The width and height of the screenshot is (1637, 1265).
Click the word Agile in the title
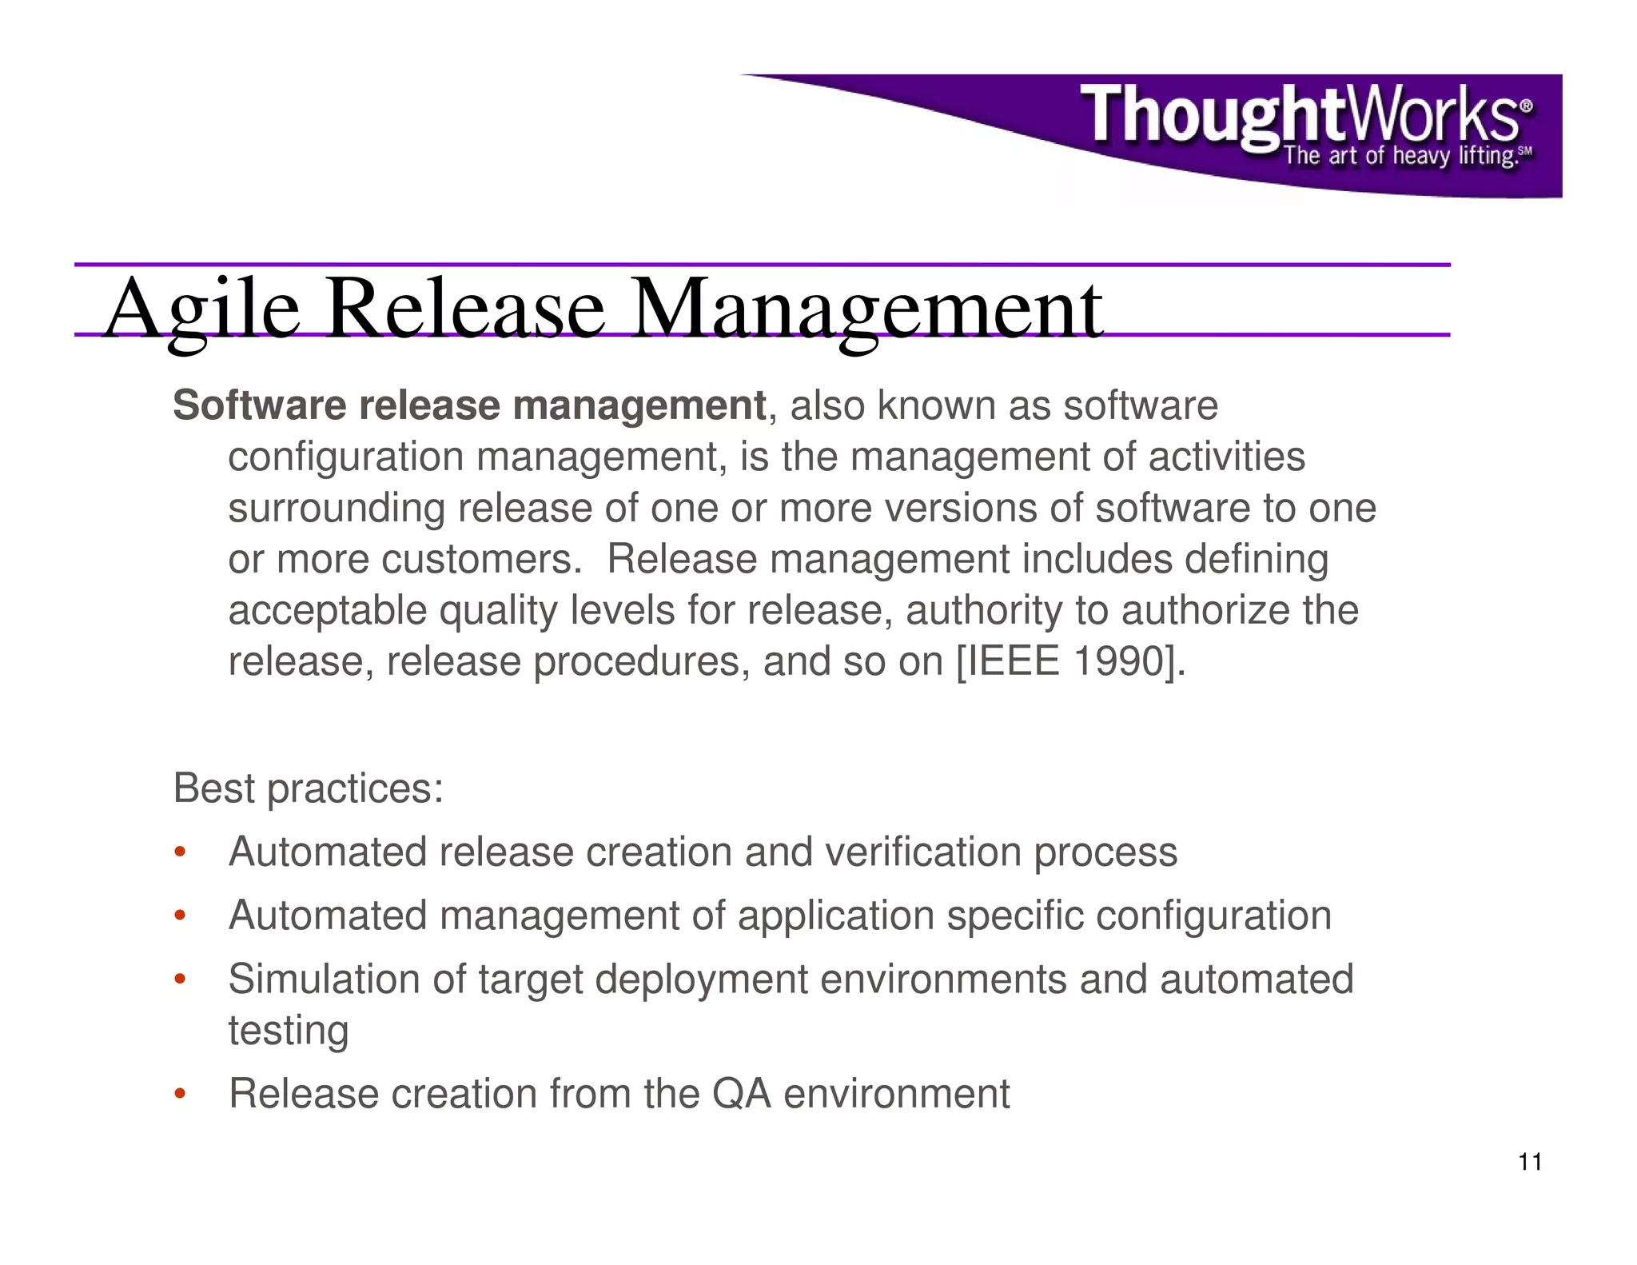click(x=201, y=309)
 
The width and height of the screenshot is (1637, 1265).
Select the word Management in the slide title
click(x=867, y=309)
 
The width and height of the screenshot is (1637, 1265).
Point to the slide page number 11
click(x=1530, y=1162)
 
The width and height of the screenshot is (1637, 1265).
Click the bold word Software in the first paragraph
click(x=258, y=405)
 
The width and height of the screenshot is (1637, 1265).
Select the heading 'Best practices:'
click(x=308, y=788)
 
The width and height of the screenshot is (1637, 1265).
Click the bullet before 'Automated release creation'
click(x=180, y=852)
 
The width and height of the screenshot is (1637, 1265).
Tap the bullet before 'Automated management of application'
click(x=180, y=916)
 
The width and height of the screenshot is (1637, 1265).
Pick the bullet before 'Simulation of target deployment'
click(x=180, y=980)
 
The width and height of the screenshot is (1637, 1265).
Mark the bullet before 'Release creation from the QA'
click(x=180, y=1094)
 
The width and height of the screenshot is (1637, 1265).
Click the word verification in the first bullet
click(x=922, y=852)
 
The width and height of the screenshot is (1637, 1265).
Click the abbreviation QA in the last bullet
click(x=741, y=1094)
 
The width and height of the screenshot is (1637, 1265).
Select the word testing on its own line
click(x=289, y=1031)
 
